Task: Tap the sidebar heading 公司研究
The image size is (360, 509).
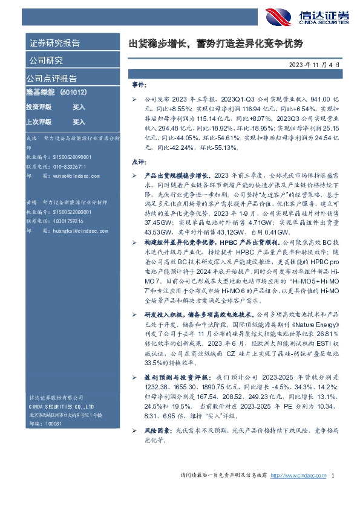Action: coord(45,60)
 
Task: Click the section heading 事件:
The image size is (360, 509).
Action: coord(139,85)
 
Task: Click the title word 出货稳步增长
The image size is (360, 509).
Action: coord(159,44)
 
